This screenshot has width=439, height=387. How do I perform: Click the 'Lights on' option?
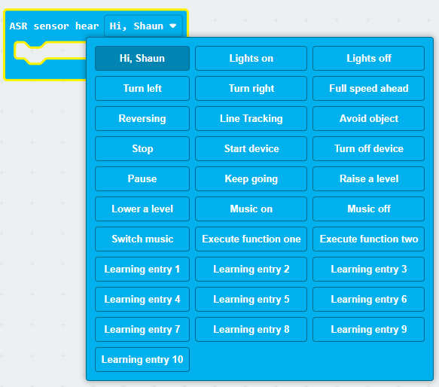pos(252,58)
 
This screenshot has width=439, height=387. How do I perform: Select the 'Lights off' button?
pos(368,58)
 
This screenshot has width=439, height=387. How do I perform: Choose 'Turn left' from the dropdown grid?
pos(142,89)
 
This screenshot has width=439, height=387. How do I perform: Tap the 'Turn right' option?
pos(252,89)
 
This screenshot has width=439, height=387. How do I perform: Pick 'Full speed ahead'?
pos(368,89)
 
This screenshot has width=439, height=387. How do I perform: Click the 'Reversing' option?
pos(142,118)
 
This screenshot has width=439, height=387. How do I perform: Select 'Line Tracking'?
pos(252,118)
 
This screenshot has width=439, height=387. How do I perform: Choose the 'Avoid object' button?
pos(368,118)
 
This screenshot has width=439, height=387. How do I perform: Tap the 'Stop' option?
pos(142,148)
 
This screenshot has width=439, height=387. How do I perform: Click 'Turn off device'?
pos(368,148)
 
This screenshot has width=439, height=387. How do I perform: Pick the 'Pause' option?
pos(142,178)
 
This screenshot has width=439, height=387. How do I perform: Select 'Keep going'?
pos(252,178)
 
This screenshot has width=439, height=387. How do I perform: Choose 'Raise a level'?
pos(368,178)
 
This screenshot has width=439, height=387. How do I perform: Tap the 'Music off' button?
pos(368,209)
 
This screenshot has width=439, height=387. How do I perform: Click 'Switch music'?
pos(142,239)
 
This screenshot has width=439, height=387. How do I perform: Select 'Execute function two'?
pos(368,239)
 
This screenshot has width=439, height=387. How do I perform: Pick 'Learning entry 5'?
pos(252,299)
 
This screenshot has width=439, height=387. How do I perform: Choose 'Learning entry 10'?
pos(142,360)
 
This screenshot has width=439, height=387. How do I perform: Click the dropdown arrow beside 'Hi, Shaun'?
pos(173,26)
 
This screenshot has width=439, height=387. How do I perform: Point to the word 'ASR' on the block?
pos(19,26)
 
